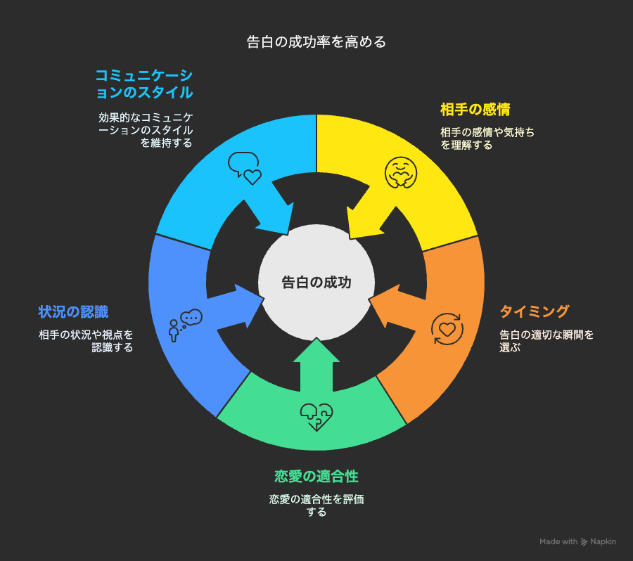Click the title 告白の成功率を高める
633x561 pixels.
click(316, 42)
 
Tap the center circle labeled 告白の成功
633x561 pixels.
click(316, 282)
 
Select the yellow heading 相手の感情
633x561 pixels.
click(475, 110)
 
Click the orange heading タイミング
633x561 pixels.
click(534, 311)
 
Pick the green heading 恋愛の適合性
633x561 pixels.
click(316, 476)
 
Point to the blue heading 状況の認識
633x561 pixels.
click(73, 311)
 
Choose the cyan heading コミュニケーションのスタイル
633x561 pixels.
click(144, 84)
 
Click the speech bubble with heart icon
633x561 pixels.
click(245, 168)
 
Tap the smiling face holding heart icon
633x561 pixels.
click(400, 172)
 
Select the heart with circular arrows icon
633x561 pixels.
click(447, 329)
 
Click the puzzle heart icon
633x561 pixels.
click(316, 417)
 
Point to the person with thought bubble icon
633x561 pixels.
click(185, 325)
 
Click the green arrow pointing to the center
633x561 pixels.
click(316, 366)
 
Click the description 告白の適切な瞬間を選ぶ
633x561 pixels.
click(546, 341)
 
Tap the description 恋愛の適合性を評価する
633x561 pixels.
click(316, 505)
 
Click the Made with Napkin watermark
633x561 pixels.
click(577, 541)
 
